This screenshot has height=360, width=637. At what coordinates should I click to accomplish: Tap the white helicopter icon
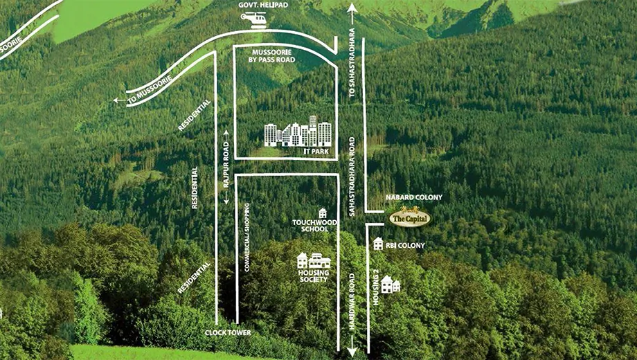[254, 19]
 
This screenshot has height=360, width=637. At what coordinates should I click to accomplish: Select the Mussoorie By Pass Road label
[271, 56]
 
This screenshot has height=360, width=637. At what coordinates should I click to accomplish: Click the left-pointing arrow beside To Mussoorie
[119, 100]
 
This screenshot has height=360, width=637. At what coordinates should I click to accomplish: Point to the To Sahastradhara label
[352, 62]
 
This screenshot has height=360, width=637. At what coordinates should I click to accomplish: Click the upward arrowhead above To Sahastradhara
[352, 8]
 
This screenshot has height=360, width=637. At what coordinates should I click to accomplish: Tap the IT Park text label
[316, 152]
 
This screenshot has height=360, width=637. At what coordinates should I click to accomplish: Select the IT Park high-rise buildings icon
[297, 132]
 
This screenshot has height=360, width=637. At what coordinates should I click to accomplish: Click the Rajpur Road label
[226, 165]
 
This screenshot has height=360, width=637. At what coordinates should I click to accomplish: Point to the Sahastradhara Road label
[352, 177]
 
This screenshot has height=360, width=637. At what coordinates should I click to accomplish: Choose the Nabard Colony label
[414, 197]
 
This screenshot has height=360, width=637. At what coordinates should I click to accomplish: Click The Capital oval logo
[409, 217]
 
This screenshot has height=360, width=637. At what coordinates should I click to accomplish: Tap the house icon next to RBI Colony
[378, 244]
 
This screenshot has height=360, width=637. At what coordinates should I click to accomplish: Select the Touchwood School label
[315, 226]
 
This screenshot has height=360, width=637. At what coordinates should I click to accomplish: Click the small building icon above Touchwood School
[323, 213]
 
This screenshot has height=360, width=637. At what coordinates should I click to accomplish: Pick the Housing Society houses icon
[314, 260]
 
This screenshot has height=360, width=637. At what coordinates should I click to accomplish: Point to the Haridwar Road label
[352, 301]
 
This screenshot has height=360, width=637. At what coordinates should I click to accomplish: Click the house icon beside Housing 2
[391, 284]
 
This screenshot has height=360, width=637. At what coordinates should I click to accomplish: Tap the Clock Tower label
[228, 333]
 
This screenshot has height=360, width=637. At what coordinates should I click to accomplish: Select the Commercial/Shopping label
[246, 237]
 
